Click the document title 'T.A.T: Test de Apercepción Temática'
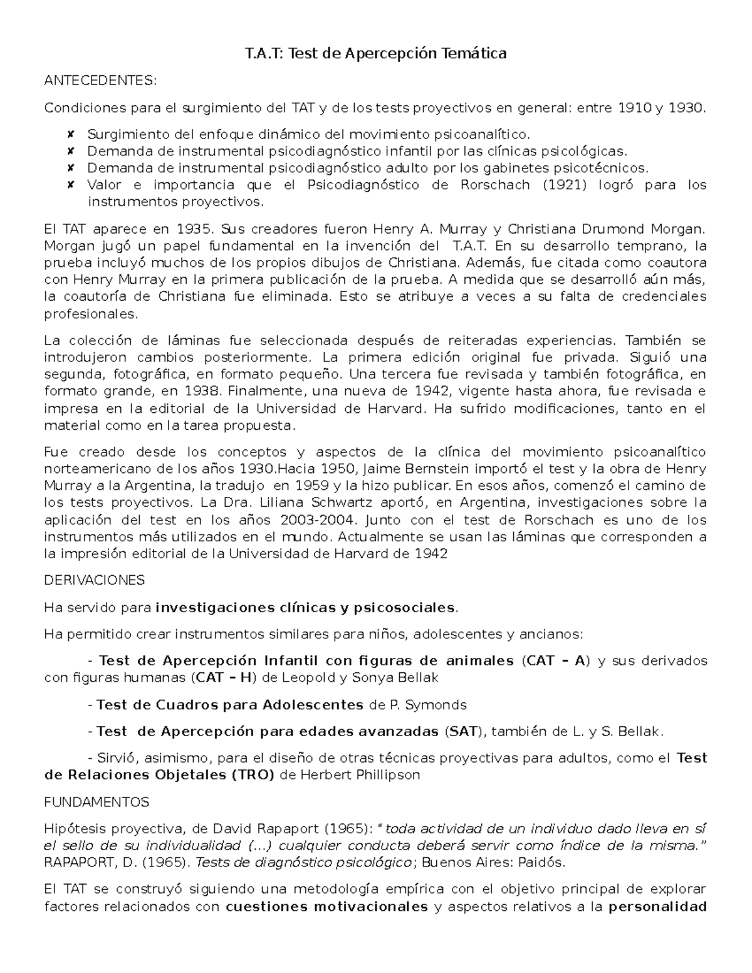pos(375,54)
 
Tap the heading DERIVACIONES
pos(94,580)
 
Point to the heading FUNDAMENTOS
pos(97,802)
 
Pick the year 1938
pos(202,392)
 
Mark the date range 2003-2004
pos(320,520)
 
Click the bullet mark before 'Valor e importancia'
pos(70,185)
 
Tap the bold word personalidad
pos(657,907)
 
